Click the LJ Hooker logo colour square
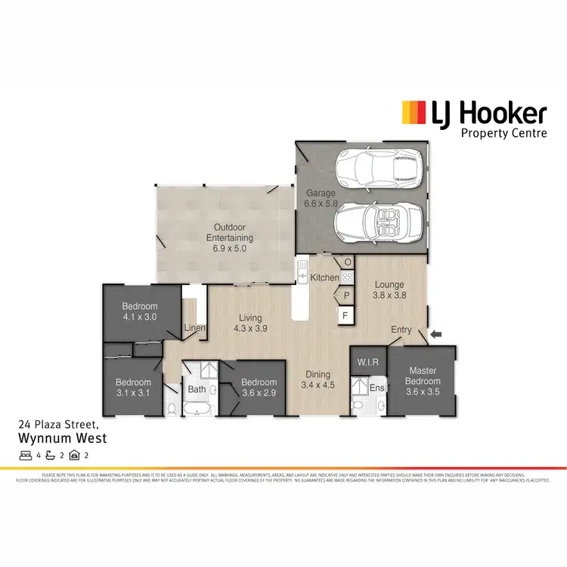pyautogui.click(x=413, y=113)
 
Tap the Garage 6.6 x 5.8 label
pyautogui.click(x=321, y=198)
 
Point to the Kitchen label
pyautogui.click(x=325, y=278)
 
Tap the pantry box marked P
pyautogui.click(x=346, y=296)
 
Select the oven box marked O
pyautogui.click(x=347, y=262)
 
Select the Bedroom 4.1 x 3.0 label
pyautogui.click(x=139, y=311)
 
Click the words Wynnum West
pyautogui.click(x=62, y=438)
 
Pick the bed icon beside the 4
pyautogui.click(x=26, y=456)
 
